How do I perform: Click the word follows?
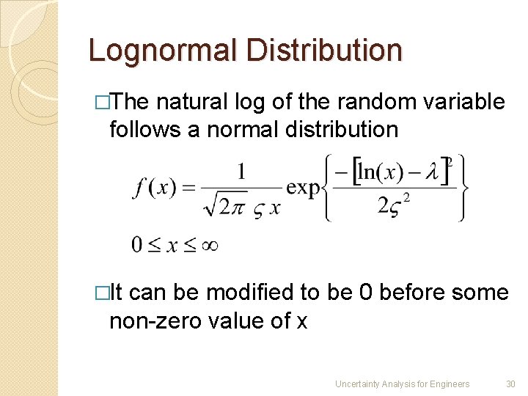[x=144, y=130]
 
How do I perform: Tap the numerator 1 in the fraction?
[x=241, y=172]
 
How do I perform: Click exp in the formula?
[x=304, y=188]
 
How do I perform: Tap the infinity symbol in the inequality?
[x=208, y=244]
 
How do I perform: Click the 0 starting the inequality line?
[x=137, y=244]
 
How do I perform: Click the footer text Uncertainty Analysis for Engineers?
[x=402, y=384]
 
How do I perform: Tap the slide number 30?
[x=511, y=384]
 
